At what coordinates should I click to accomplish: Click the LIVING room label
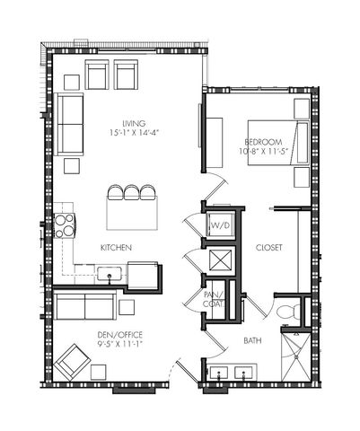135,123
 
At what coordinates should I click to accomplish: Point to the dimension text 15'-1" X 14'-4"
135,133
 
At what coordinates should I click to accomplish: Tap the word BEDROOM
263,141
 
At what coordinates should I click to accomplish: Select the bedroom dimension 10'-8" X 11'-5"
263,151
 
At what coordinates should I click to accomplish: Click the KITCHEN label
117,247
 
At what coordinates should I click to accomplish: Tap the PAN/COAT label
213,299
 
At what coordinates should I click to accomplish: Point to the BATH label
253,340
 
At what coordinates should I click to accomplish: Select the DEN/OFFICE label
120,335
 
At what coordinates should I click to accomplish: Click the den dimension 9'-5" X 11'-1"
120,345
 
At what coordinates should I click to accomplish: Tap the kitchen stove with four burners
64,224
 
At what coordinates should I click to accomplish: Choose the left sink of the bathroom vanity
217,371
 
